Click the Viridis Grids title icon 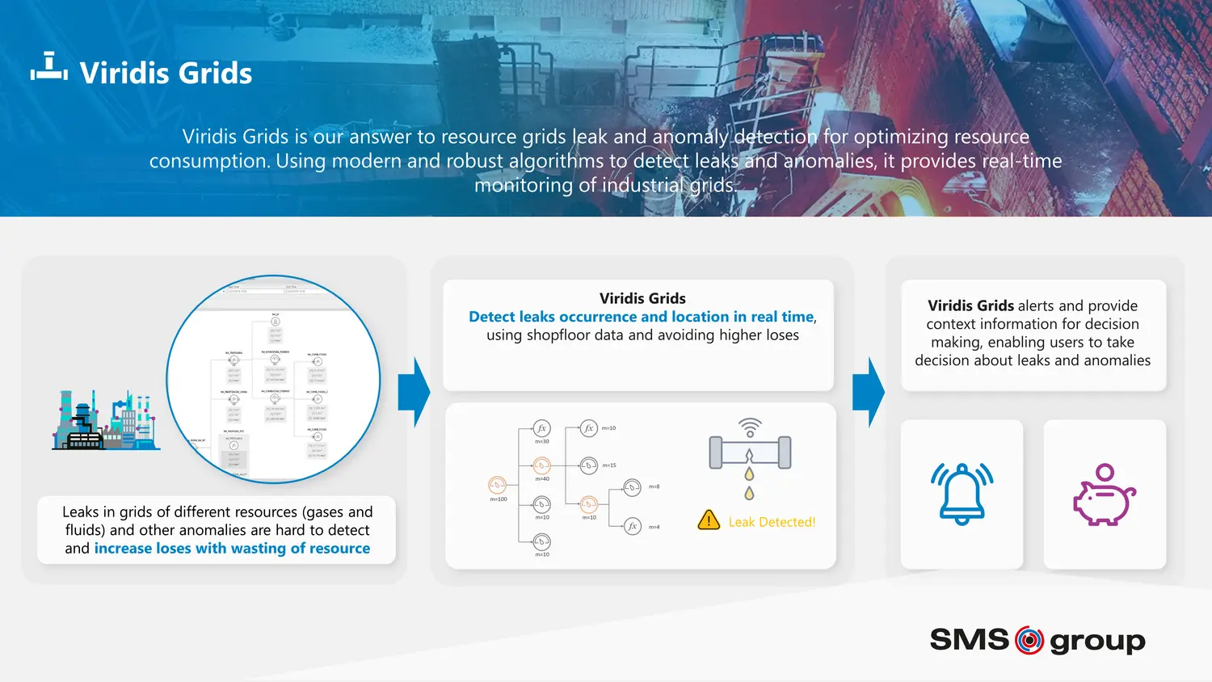(x=48, y=67)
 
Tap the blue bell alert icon (x=962, y=493)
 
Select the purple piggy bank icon (x=1104, y=495)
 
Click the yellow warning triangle (x=709, y=520)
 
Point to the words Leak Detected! (x=772, y=522)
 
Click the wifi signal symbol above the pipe (x=750, y=426)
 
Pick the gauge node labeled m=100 (x=497, y=485)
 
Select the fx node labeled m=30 (x=541, y=428)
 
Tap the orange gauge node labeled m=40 (x=541, y=465)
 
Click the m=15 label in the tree (x=609, y=465)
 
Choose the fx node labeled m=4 (x=633, y=526)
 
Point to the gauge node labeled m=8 (x=632, y=486)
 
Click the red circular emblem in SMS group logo (x=1029, y=640)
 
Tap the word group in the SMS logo (x=1097, y=642)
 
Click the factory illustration (x=105, y=420)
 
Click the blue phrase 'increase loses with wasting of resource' (x=232, y=549)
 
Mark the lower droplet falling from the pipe (x=749, y=493)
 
